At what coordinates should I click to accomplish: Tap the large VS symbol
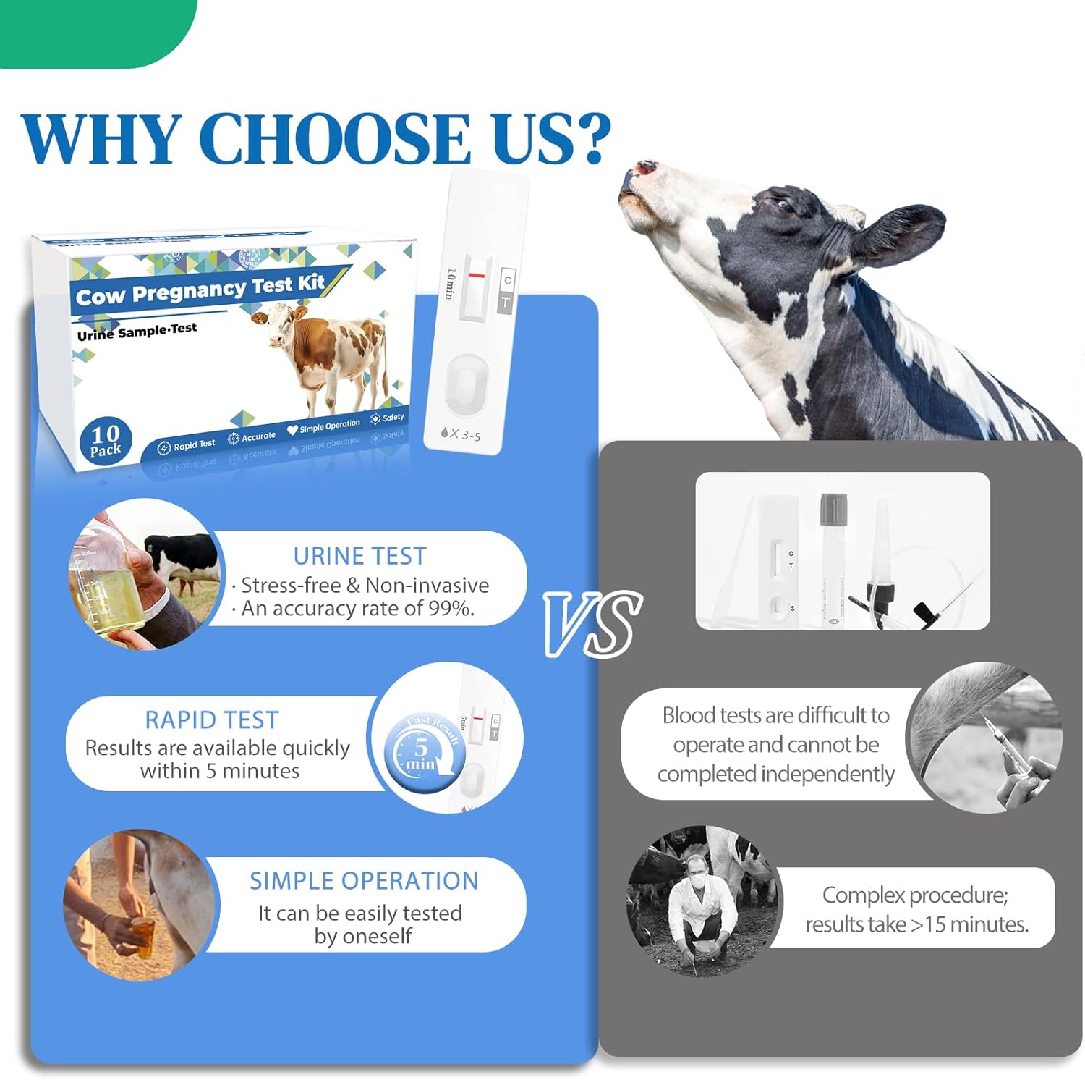[x=592, y=623]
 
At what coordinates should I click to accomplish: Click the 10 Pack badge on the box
[x=106, y=441]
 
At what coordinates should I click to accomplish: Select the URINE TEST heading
[x=359, y=556]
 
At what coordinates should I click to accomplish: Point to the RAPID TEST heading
[x=211, y=720]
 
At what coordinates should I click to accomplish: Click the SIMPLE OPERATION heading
[x=364, y=881]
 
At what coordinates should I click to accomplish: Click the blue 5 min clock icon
[x=419, y=754]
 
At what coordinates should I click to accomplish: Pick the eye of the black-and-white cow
[x=785, y=205]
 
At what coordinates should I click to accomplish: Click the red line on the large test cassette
[x=477, y=276]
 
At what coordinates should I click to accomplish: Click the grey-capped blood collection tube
[x=834, y=557]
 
